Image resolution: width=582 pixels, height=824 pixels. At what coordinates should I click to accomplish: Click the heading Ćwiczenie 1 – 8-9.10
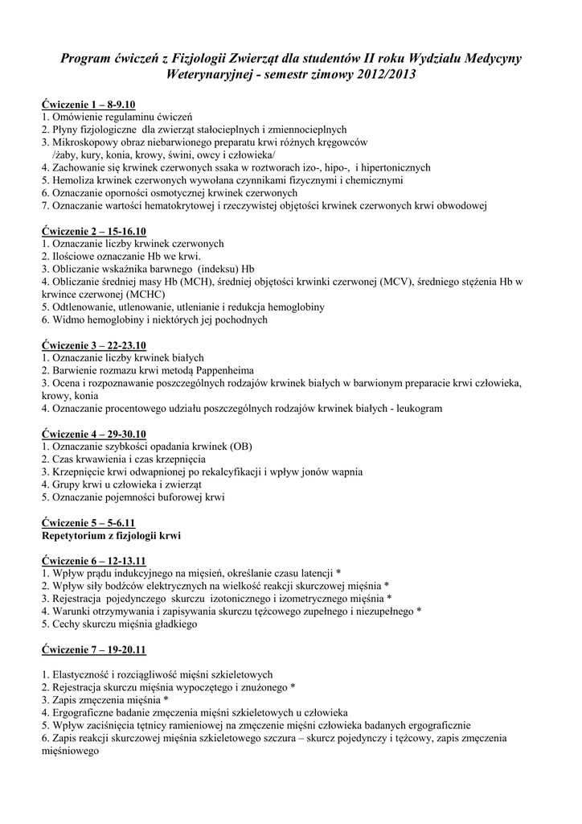click(88, 105)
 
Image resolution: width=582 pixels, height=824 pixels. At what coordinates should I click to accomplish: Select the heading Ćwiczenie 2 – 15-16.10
click(93, 231)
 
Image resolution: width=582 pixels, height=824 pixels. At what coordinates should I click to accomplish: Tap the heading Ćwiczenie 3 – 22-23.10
click(93, 345)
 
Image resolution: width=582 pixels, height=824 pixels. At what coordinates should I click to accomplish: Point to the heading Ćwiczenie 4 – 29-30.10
click(93, 435)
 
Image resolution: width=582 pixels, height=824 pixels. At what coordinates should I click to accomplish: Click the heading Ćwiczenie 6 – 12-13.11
click(93, 561)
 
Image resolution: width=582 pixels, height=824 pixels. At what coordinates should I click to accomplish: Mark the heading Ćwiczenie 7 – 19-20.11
click(93, 649)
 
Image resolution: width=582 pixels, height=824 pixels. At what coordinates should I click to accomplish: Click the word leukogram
click(416, 409)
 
